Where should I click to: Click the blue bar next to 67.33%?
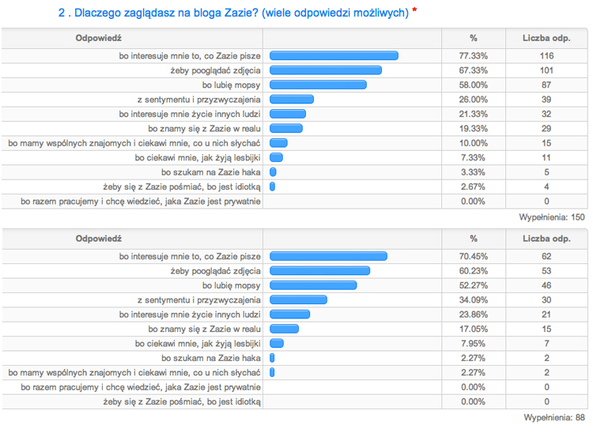[326, 70]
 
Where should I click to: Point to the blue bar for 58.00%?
[318, 85]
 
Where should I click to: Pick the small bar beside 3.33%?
[273, 171]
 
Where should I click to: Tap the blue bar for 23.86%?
[289, 314]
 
